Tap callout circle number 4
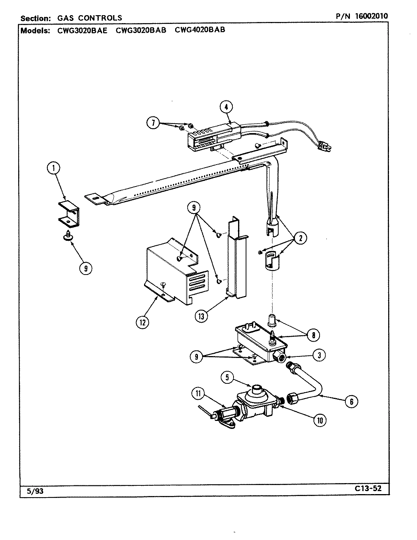pos(226,107)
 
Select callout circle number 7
pos(153,123)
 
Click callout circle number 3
pos(320,355)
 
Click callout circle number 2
pos(300,238)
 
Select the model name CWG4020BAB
pos(200,30)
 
